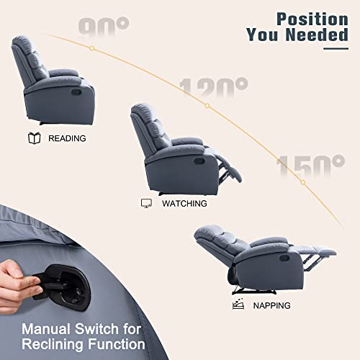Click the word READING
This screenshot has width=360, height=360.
pos(67,138)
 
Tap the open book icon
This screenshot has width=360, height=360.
pos(33,138)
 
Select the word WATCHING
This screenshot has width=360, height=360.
pos(184,204)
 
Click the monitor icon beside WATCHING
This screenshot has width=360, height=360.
pos(146,204)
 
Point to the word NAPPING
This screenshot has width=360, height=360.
pos(271,305)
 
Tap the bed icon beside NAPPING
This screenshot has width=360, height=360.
pos(238,305)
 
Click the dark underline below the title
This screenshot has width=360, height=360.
pos(336,48)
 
